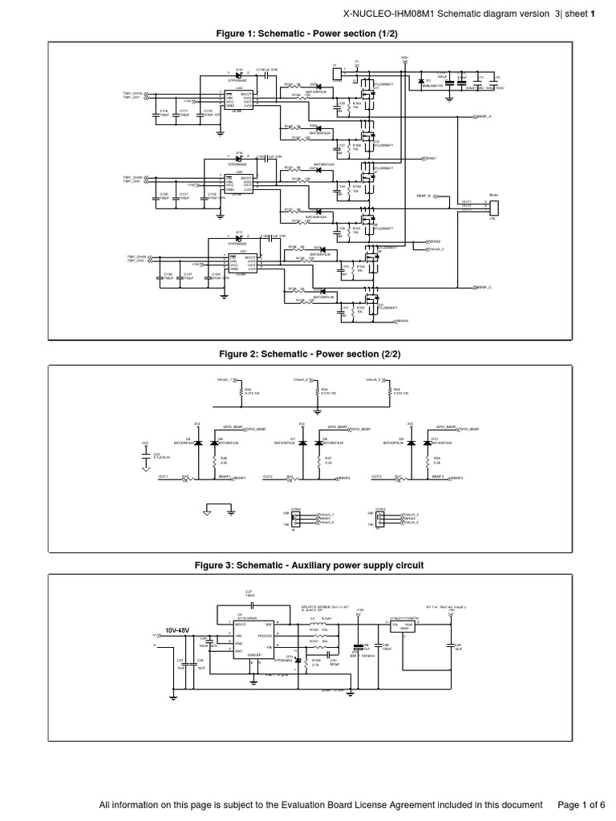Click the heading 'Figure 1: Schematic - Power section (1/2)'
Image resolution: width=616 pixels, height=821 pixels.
[x=308, y=34]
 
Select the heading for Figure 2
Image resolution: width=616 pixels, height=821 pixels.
[x=308, y=354]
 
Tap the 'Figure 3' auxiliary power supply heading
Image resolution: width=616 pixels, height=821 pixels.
[x=308, y=565]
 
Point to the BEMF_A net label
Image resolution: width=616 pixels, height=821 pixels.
[x=485, y=117]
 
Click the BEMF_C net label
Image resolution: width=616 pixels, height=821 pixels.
[x=485, y=286]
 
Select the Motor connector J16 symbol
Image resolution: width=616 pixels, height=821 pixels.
[x=493, y=206]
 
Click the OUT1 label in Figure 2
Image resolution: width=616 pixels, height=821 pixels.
[x=163, y=475]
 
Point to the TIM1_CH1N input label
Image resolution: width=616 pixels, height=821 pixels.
[x=133, y=94]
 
